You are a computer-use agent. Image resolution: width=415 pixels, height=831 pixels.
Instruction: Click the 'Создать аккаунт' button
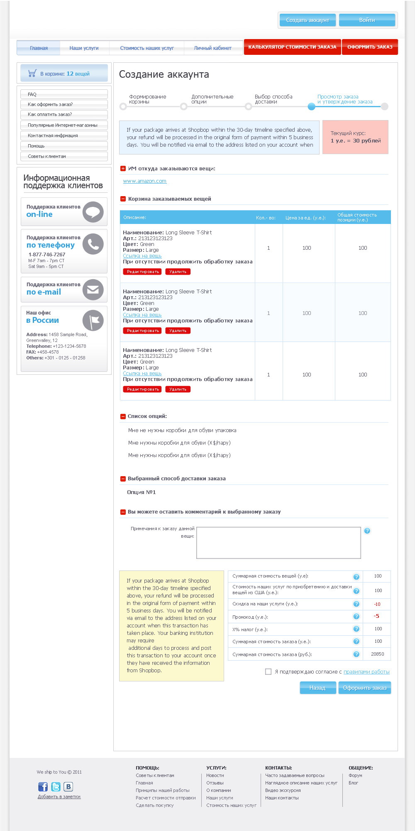(308, 20)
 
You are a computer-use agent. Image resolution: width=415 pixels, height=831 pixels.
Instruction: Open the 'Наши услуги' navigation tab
(84, 48)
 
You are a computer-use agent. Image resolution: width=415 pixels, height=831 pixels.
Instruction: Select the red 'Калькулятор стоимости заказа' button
(292, 47)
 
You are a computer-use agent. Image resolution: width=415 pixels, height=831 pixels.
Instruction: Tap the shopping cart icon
(32, 74)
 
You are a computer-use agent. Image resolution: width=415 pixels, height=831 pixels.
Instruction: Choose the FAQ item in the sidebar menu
(32, 94)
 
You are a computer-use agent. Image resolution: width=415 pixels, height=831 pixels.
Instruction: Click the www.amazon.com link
(144, 181)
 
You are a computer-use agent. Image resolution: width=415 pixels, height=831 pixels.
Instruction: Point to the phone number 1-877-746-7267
(47, 254)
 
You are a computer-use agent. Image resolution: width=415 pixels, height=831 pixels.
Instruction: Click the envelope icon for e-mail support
(93, 289)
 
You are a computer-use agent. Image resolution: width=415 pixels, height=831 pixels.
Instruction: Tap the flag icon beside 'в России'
(93, 320)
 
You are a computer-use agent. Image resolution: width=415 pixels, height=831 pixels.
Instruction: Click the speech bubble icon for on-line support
(93, 212)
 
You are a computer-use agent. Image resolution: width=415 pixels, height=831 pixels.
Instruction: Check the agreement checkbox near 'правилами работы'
(268, 671)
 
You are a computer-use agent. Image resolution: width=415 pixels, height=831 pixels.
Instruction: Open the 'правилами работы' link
(366, 671)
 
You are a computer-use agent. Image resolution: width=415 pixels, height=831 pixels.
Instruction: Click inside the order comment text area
(278, 543)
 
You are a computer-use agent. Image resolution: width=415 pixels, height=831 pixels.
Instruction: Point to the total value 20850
(377, 654)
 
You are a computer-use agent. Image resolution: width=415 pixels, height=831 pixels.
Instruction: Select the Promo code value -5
(376, 616)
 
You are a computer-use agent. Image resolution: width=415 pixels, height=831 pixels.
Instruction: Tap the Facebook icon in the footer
(43, 787)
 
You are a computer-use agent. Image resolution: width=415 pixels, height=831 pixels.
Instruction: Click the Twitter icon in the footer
(56, 787)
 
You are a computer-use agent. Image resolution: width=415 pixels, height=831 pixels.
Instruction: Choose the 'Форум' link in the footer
(355, 775)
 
